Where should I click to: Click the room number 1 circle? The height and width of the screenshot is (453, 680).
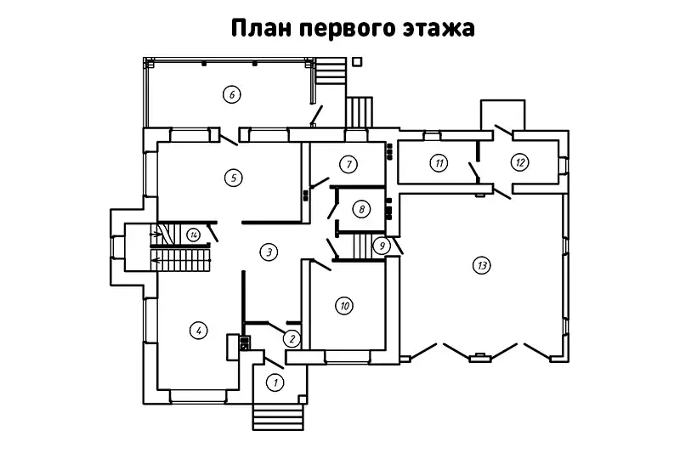[x=275, y=382]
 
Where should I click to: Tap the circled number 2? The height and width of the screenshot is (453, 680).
[x=291, y=338]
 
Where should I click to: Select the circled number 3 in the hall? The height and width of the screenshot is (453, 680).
[x=269, y=252]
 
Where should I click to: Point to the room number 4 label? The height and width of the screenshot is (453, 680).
[x=198, y=330]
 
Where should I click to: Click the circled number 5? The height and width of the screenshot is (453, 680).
[x=232, y=178]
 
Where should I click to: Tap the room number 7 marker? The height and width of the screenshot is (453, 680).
[x=347, y=162]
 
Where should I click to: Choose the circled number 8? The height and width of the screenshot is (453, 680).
[x=362, y=208]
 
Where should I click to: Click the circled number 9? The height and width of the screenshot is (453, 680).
[x=382, y=246]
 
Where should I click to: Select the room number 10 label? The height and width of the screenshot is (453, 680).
[x=343, y=305]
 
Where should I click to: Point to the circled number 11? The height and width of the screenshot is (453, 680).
[x=438, y=162]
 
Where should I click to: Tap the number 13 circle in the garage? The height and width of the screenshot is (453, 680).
[x=482, y=266]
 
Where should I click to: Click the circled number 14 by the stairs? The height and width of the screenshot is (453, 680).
[x=195, y=235]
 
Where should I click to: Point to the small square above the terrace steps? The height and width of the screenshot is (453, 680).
[x=357, y=61]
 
